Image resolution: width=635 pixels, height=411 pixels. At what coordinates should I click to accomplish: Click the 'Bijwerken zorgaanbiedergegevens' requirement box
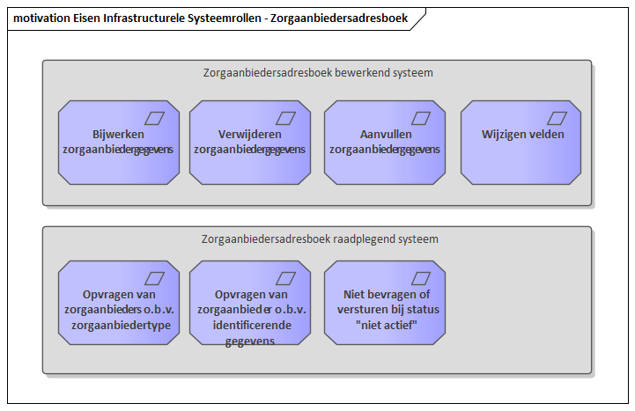(119, 143)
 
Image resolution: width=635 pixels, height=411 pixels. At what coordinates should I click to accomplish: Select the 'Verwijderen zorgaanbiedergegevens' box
(250, 143)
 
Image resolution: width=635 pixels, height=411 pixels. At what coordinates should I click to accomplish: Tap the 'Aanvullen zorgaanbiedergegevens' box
(385, 143)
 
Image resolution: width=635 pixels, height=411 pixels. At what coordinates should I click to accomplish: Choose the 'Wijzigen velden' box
(521, 143)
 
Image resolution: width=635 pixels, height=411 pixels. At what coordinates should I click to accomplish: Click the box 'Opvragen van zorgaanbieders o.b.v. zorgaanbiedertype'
(119, 303)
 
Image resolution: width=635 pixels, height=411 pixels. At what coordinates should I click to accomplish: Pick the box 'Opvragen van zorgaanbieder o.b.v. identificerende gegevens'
(250, 303)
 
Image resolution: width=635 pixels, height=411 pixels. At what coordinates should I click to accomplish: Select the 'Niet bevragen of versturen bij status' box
(385, 303)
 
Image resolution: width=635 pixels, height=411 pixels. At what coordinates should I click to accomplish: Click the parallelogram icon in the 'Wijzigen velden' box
(557, 119)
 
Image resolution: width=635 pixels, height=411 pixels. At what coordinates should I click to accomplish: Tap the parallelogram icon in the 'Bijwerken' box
(154, 119)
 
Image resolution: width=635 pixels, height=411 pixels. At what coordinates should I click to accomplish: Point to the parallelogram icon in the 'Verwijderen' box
(285, 119)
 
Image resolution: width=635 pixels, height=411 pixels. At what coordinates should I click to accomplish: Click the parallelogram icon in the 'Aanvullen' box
(421, 119)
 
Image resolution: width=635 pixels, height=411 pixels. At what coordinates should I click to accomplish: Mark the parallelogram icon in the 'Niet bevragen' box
(421, 279)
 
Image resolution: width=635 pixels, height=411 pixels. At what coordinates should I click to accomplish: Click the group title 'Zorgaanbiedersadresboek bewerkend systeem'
(318, 73)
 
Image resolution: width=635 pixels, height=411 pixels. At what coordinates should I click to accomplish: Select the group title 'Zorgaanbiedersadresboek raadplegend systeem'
(320, 239)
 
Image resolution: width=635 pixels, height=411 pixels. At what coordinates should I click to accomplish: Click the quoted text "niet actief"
(387, 325)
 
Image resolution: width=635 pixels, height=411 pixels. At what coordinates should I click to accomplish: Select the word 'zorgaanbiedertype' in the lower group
(121, 326)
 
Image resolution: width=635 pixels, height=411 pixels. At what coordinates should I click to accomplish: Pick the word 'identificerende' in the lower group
(252, 325)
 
